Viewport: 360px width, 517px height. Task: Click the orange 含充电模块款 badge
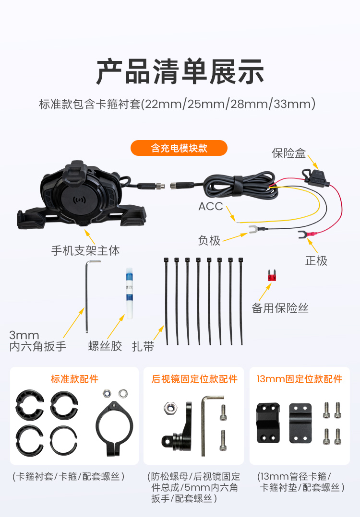click(x=179, y=148)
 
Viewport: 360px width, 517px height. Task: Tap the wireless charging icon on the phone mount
click(x=80, y=200)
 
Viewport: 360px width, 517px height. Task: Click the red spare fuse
click(x=272, y=275)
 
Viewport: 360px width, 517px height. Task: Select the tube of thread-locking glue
click(x=129, y=293)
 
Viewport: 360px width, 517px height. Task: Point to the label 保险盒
click(x=289, y=153)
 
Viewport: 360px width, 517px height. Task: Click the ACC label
click(x=211, y=206)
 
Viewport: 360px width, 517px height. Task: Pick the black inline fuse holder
click(x=314, y=176)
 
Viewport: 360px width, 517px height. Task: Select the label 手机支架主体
click(x=85, y=250)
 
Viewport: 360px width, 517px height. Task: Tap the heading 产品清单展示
click(x=180, y=71)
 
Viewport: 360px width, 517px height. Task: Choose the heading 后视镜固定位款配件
click(x=194, y=379)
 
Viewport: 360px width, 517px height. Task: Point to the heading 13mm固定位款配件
click(x=300, y=379)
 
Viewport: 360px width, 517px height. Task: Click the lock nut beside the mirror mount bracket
click(x=170, y=408)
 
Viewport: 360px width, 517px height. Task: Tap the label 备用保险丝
click(x=280, y=308)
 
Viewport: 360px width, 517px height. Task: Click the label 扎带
click(x=143, y=347)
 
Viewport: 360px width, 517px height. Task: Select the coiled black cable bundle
click(x=240, y=185)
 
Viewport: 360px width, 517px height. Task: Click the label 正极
click(x=316, y=261)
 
